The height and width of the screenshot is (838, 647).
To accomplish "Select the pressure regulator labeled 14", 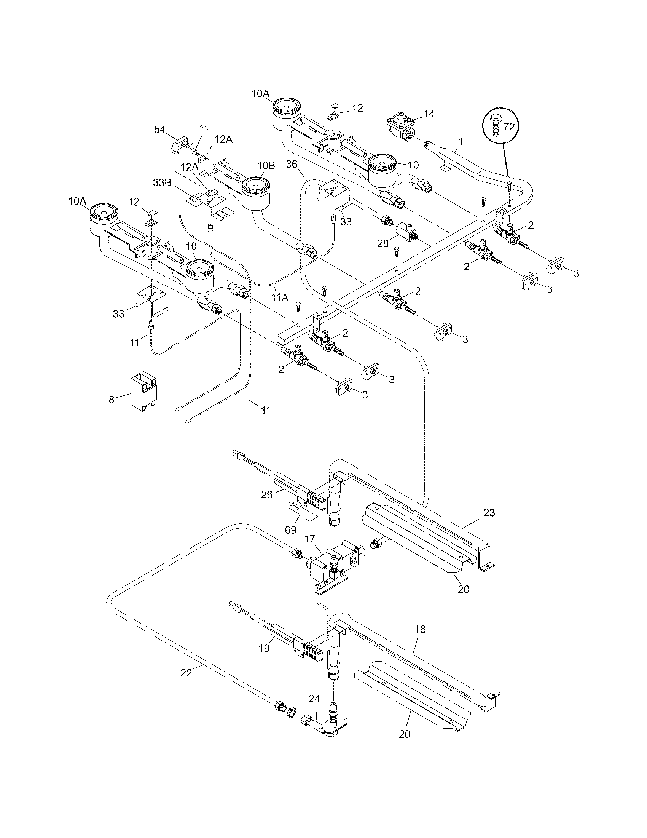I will tap(401, 127).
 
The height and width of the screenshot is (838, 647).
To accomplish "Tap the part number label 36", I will tap(292, 164).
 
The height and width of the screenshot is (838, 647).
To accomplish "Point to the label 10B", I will tap(266, 166).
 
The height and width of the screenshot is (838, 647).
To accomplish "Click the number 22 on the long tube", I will tap(186, 673).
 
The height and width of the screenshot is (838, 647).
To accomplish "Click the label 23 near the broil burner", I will tap(489, 512).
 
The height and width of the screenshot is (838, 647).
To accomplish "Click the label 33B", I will tap(162, 182).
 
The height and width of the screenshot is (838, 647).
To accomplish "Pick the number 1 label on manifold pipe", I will tap(461, 141).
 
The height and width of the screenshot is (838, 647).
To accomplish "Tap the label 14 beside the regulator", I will tap(429, 114).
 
